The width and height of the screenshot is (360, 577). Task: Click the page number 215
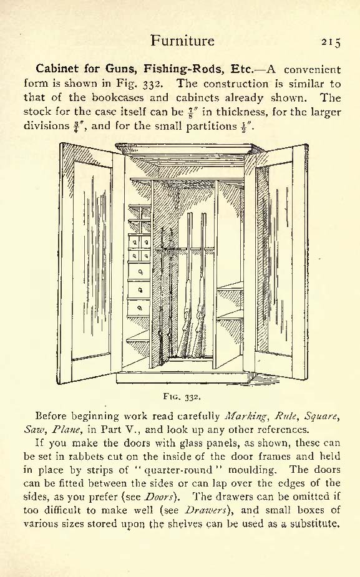pos(331,42)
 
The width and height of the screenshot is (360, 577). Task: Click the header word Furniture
pos(182,40)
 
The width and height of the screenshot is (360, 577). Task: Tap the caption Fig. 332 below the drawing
pos(182,397)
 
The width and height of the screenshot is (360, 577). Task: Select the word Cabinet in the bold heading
pos(57,69)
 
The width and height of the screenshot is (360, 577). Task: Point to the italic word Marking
pos(246,417)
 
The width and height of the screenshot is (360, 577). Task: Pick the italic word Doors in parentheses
pos(159,497)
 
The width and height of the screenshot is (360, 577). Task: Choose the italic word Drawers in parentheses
pos(205,510)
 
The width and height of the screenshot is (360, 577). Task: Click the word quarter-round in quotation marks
pos(178,470)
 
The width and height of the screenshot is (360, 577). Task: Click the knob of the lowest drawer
pos(140,308)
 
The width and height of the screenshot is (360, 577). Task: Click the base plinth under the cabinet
pos(183,378)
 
